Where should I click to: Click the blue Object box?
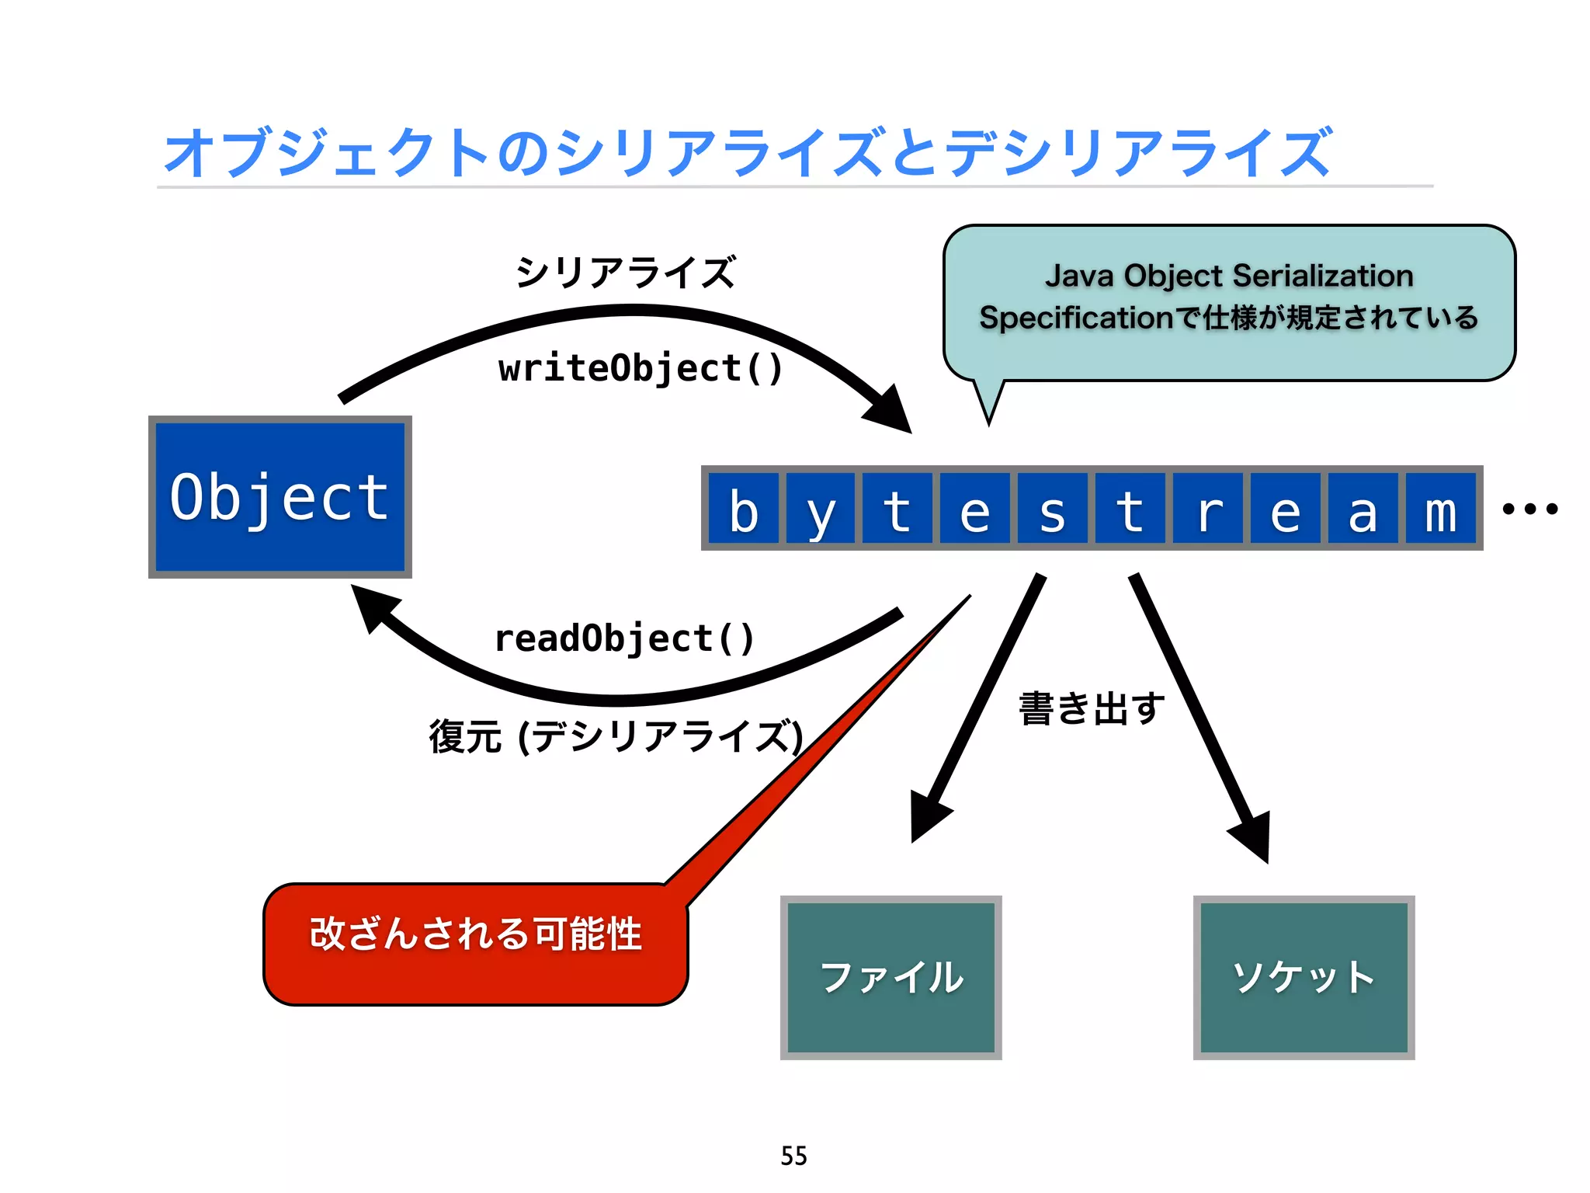(x=279, y=497)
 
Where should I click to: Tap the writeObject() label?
(x=641, y=368)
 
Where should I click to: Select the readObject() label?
(x=624, y=638)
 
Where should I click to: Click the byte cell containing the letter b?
(x=743, y=509)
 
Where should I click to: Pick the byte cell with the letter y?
(x=820, y=509)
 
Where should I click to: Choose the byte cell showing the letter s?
(x=1052, y=509)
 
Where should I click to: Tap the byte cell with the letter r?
(x=1207, y=509)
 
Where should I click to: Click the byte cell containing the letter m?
(x=1440, y=509)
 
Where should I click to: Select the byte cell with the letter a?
(x=1363, y=509)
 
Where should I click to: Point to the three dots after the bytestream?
(x=1529, y=509)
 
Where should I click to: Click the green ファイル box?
(x=890, y=977)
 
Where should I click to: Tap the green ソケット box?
(x=1304, y=977)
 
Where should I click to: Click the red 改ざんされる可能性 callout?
(x=475, y=943)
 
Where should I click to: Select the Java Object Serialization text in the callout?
(x=1229, y=276)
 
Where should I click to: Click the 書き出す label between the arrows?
(x=1091, y=708)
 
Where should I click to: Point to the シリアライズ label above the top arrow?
(x=625, y=272)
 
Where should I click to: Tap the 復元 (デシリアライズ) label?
(x=616, y=736)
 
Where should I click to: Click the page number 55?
(x=793, y=1156)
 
